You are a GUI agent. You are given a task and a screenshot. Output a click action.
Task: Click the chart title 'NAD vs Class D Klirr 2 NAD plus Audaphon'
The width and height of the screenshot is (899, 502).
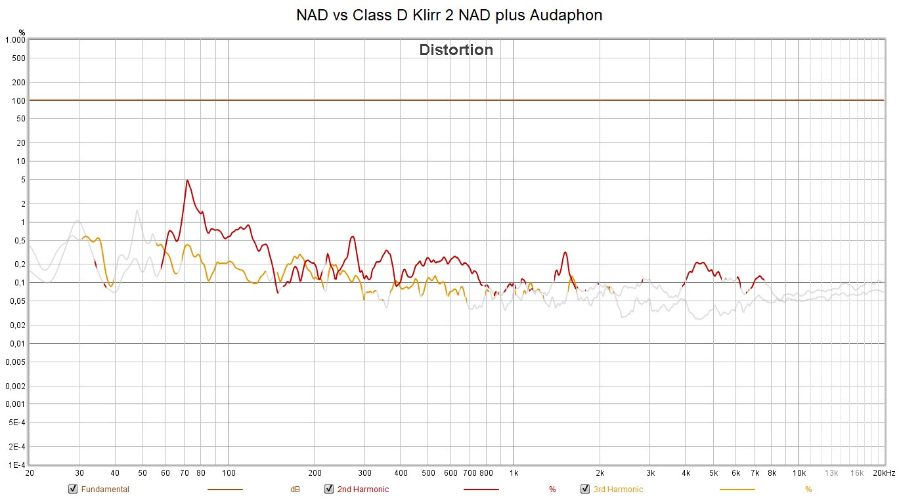449,15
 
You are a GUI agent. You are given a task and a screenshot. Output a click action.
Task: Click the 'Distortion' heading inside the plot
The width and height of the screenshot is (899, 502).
456,50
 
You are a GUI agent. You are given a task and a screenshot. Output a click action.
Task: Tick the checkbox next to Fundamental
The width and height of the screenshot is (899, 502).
73,489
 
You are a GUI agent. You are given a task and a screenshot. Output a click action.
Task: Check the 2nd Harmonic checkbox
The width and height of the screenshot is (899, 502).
329,489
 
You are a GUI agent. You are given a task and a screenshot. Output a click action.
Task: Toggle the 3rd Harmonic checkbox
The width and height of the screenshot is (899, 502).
585,489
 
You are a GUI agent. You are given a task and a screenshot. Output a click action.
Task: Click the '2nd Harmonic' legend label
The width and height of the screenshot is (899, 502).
362,490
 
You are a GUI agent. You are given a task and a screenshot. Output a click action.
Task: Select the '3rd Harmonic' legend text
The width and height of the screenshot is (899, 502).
618,490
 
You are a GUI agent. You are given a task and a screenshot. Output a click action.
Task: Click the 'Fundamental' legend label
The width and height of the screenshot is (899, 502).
105,490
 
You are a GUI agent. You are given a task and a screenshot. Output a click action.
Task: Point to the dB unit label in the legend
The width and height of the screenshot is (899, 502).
296,490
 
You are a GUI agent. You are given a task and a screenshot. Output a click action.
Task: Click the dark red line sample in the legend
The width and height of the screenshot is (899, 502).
481,490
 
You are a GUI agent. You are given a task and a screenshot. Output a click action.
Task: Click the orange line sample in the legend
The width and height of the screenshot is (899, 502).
737,490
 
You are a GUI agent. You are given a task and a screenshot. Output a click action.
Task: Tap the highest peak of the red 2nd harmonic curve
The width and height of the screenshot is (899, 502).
187,180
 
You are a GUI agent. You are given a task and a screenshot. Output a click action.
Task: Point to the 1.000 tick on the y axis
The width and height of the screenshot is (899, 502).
14,40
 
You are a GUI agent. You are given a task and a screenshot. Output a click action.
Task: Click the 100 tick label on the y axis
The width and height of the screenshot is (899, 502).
18,100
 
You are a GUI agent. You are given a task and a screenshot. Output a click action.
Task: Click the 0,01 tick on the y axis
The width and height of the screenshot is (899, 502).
17,344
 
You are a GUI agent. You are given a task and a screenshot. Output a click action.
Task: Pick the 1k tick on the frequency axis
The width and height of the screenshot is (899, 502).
514,473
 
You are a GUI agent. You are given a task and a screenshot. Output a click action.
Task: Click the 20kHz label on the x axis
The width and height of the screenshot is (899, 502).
883,473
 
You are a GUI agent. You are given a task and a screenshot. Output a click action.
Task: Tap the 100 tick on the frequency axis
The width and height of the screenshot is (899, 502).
229,473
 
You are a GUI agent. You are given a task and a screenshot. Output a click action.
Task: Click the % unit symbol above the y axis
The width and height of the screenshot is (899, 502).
22,31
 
